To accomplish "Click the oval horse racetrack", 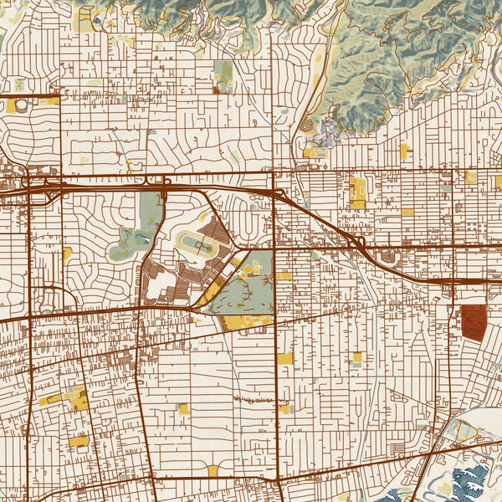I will point(197,243).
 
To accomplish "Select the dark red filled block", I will point(473,322).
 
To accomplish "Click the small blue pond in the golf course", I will point(147,240).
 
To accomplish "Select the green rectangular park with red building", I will point(223,75).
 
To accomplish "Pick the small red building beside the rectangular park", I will point(217,90).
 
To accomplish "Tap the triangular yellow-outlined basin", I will point(465,431).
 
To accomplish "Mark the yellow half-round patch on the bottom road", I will point(213,470).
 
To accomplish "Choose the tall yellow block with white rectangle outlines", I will point(358,192).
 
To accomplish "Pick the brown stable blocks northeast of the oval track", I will point(219,235).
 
